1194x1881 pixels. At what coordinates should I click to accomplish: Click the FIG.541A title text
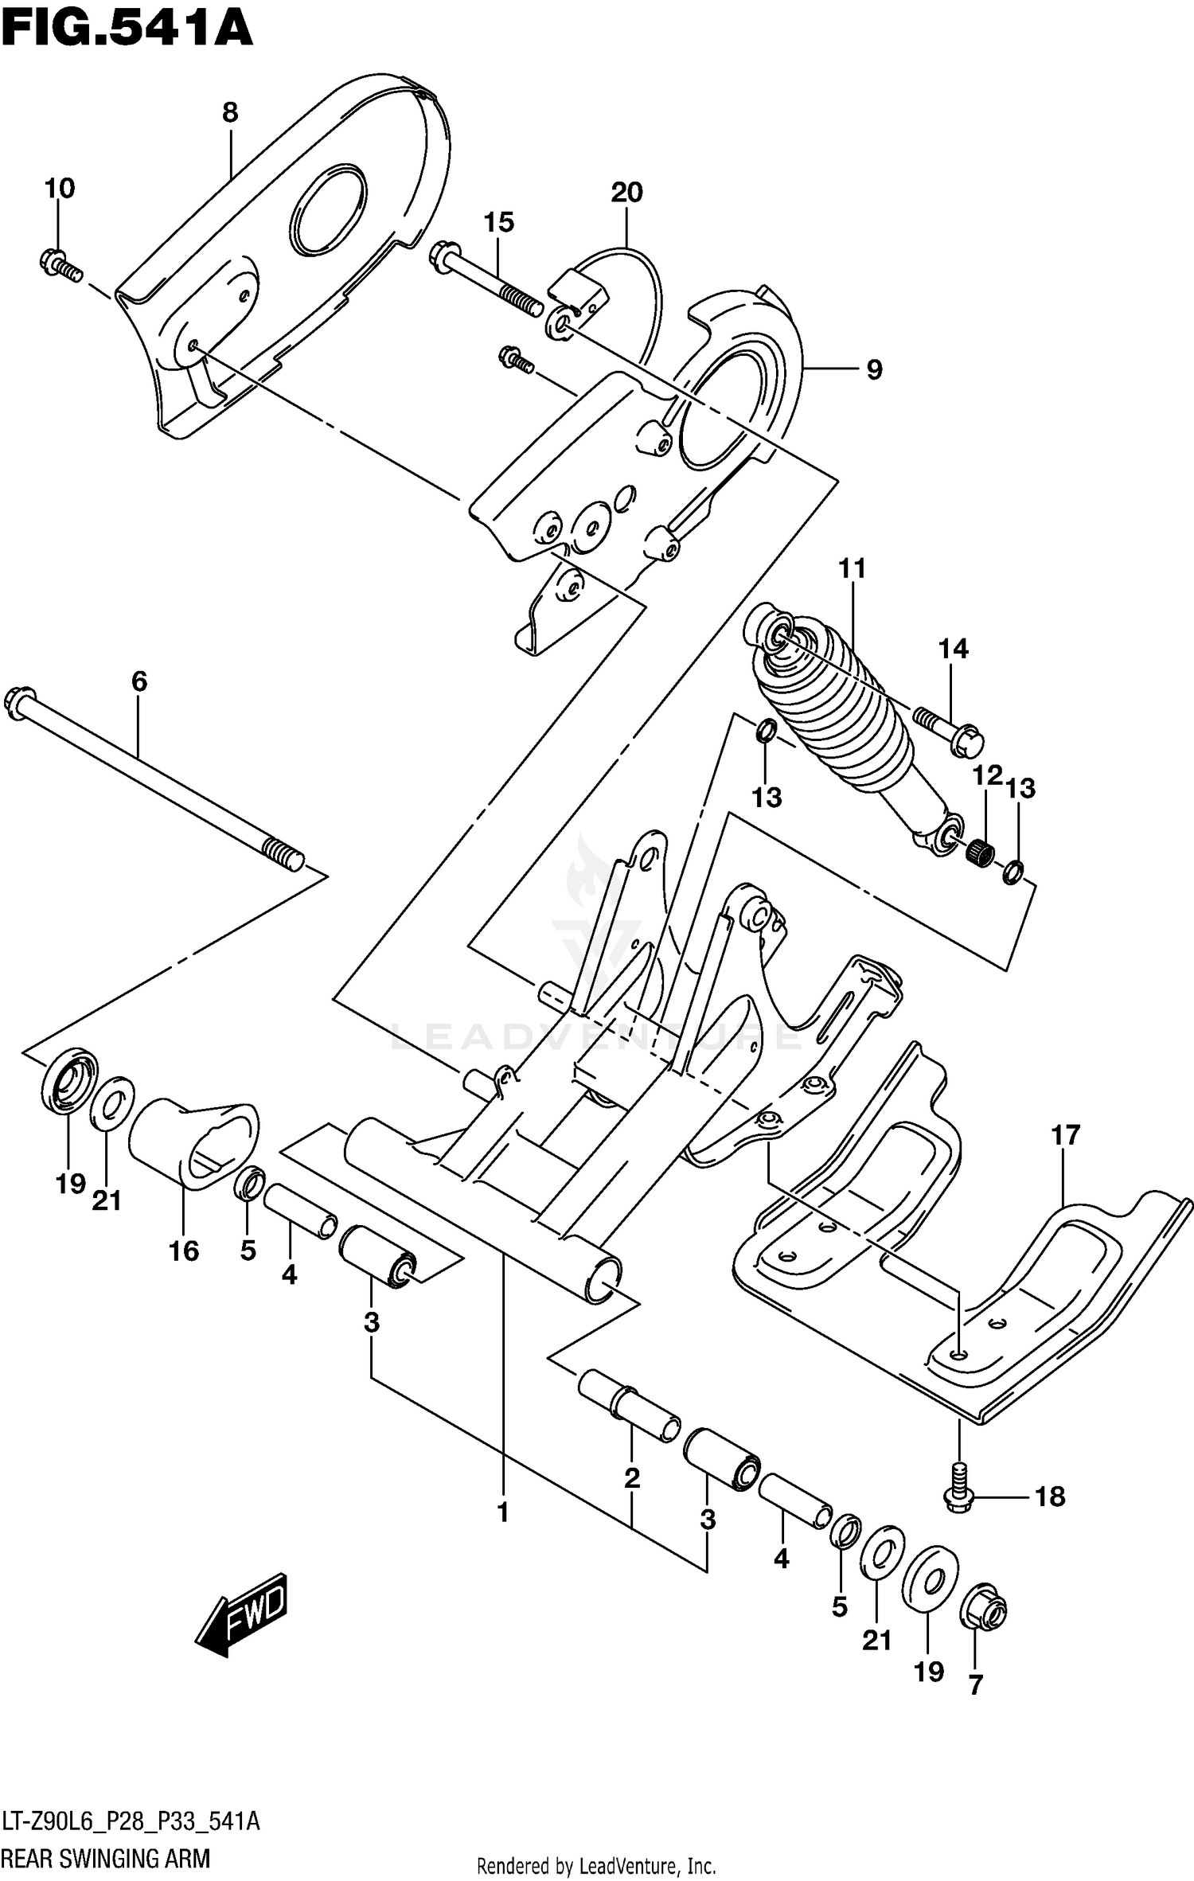point(127,30)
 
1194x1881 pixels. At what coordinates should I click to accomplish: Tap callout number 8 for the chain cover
point(230,113)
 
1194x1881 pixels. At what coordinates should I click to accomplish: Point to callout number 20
point(626,192)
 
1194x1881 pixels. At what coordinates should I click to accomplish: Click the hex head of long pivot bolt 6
point(19,702)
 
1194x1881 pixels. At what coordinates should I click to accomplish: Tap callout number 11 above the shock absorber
point(852,568)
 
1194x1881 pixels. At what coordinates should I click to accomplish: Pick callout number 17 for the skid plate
point(1066,1136)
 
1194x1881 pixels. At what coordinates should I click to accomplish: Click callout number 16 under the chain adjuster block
point(184,1251)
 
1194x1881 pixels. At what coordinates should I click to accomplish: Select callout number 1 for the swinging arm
point(503,1512)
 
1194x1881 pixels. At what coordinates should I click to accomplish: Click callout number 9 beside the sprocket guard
point(874,369)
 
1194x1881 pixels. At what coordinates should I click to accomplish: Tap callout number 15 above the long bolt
point(499,223)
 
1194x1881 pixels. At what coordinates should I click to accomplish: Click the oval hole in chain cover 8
point(329,211)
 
